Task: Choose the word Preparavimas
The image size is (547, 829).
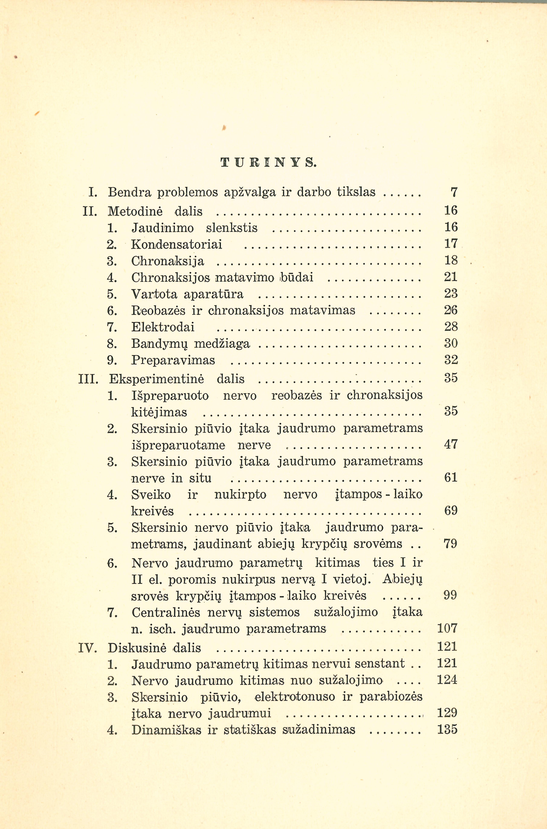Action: [x=173, y=360]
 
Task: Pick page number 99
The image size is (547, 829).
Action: [x=450, y=595]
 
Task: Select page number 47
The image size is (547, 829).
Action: [x=450, y=444]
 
